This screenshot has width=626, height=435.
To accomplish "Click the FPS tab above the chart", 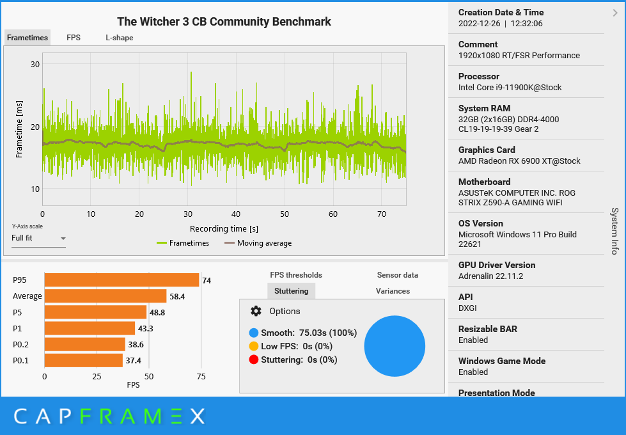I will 74,38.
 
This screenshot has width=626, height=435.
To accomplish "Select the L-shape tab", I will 120,38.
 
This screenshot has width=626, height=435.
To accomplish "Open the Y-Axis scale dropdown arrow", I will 63,239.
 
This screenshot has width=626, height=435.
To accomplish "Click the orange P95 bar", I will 121,280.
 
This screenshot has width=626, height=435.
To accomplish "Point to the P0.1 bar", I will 83,361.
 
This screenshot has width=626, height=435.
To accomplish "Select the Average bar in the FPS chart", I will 105,296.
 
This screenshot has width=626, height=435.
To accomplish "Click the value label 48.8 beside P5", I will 157,313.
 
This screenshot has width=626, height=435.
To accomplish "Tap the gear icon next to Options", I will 256,311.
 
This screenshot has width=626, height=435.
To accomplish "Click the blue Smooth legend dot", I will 254,333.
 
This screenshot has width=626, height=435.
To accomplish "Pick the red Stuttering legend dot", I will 254,360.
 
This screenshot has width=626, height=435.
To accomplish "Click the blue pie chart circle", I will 395,345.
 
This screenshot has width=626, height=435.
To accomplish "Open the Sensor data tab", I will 397,275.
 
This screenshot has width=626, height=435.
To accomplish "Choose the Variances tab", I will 393,291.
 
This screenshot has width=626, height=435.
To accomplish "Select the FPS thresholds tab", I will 296,275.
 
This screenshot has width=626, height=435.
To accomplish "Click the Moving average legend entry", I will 258,243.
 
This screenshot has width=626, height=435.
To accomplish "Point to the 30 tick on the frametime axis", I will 35,64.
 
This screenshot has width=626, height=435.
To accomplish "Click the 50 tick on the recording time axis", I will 285,214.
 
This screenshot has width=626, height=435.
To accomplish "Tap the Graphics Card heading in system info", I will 485,150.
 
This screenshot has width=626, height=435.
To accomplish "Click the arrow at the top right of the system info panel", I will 615,12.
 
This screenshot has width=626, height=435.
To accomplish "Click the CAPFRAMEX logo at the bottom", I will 109,416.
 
